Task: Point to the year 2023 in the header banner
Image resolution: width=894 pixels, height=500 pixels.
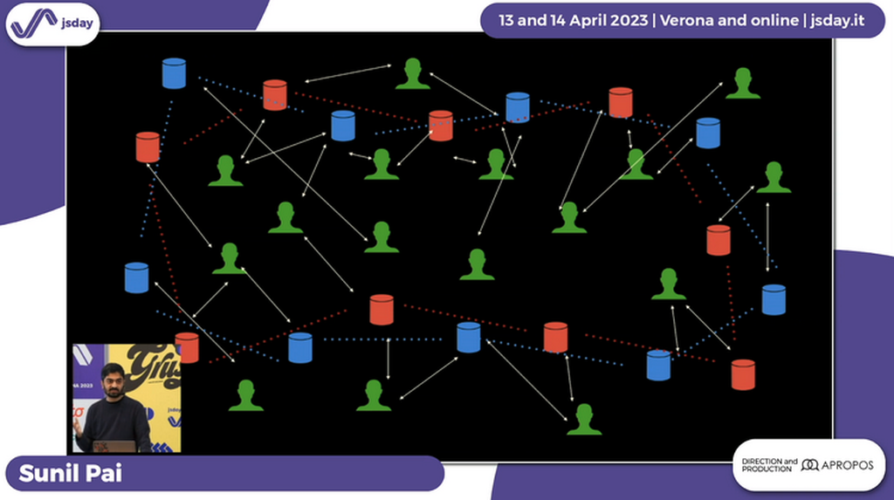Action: click(630, 20)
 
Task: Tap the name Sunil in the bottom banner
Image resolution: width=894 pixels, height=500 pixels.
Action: click(48, 473)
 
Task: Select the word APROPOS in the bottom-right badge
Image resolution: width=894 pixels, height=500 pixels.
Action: click(847, 465)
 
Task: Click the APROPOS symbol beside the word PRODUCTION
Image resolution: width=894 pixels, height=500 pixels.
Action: click(809, 465)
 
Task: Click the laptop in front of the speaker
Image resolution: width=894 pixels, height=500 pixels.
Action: click(113, 446)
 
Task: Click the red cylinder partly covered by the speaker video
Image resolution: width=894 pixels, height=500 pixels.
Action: click(188, 347)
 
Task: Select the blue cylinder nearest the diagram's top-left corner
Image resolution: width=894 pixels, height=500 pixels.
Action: click(175, 73)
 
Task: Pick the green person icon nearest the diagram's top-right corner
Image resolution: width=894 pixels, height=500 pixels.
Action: click(742, 85)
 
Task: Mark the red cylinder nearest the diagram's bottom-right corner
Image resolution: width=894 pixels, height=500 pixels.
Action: click(743, 373)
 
